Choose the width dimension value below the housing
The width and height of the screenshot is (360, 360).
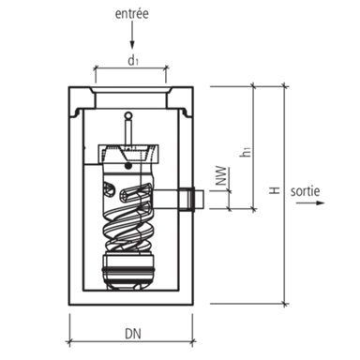pos(131,329)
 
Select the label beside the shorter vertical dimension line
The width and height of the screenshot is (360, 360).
pos(241,148)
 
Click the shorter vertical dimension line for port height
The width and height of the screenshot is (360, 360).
pos(252,141)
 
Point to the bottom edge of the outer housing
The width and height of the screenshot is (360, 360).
pos(131,304)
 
